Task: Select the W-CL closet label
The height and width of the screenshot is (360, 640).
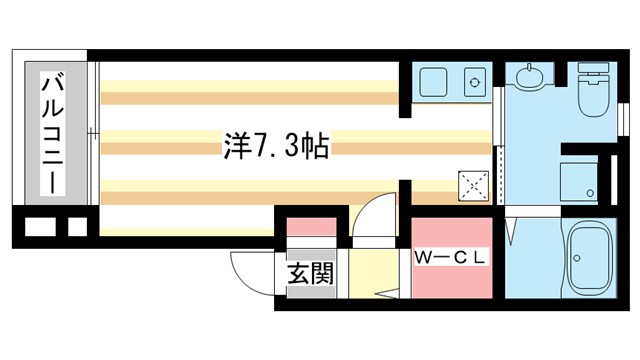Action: [451, 257]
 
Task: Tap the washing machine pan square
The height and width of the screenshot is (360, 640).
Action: [579, 178]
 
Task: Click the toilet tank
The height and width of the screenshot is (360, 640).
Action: [597, 72]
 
